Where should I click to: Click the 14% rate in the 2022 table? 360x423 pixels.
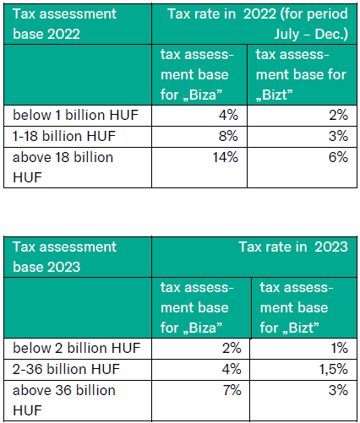point(225,157)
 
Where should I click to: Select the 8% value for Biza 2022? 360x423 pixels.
point(228,136)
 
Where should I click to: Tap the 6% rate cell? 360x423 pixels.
point(338,157)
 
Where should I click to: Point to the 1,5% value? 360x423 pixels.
point(333,369)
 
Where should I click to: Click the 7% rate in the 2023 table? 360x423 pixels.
point(232,390)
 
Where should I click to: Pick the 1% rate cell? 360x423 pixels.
point(339,348)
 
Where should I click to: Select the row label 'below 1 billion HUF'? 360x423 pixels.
point(75,115)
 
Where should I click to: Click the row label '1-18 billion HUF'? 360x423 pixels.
point(64,136)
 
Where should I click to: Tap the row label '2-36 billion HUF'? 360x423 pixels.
point(66,369)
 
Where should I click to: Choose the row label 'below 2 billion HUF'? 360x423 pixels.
point(77,348)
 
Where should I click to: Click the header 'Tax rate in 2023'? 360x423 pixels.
point(293,247)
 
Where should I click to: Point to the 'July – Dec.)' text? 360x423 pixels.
point(311,34)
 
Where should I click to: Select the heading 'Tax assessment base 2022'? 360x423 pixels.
point(64,24)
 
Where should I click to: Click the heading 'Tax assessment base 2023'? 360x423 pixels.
point(64,257)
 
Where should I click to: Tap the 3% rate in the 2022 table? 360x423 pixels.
point(338,136)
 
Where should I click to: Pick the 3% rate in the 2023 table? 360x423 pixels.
point(338,390)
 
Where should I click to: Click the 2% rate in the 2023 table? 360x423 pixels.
point(232,348)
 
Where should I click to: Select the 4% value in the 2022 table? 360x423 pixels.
point(228,115)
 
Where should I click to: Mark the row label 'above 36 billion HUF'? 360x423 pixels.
point(64,400)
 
